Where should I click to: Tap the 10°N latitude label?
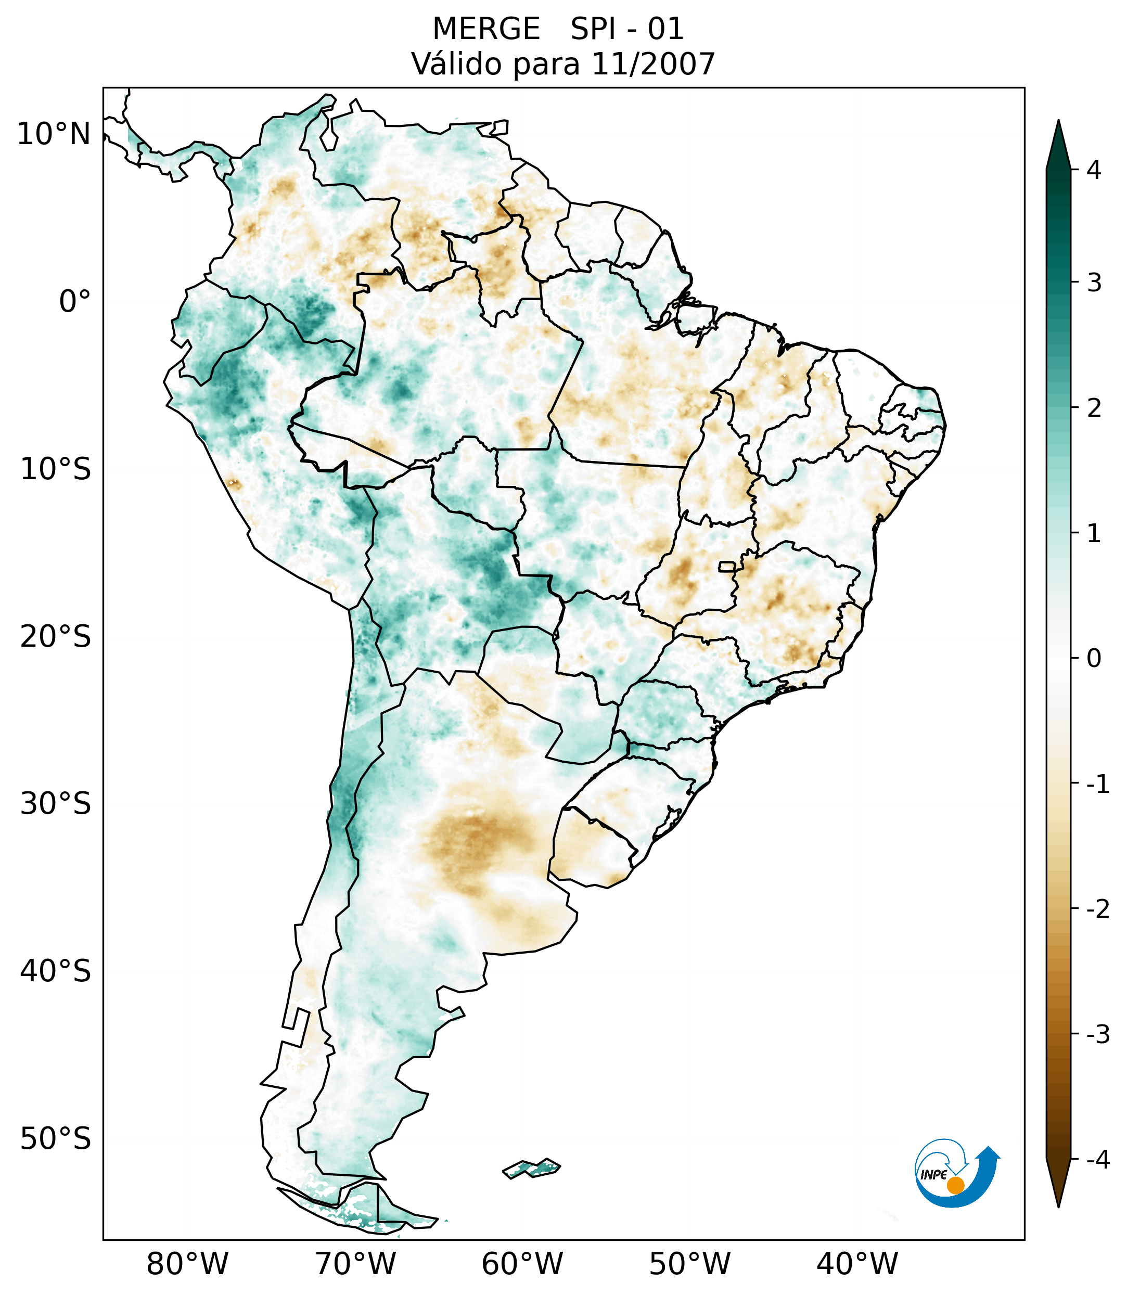point(54,134)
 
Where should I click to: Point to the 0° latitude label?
point(75,302)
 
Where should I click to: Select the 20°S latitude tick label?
point(56,637)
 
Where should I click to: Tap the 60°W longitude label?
point(522,1264)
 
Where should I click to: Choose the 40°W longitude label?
point(857,1264)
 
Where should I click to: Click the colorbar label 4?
point(1094,170)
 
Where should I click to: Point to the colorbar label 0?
point(1094,659)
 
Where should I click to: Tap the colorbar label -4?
point(1097,1160)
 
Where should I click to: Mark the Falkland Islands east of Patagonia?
point(531,1168)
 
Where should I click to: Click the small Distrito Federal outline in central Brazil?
point(727,566)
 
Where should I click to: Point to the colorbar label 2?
point(1094,408)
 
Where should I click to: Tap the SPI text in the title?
point(594,29)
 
